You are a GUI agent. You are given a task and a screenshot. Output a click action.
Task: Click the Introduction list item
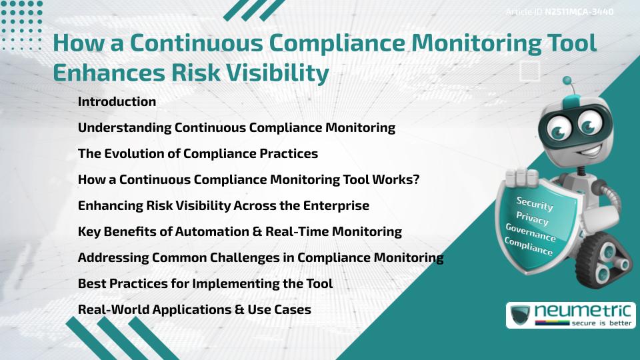tap(117, 102)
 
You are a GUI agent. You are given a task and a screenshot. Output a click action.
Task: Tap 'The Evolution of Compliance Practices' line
tap(197, 153)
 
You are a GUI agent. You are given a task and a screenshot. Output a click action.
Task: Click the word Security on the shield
tap(535, 203)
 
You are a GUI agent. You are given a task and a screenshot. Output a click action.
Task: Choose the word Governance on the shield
tap(530, 233)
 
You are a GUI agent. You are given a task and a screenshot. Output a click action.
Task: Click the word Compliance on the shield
tap(528, 247)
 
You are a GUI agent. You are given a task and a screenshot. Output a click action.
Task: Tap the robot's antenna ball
tap(568, 81)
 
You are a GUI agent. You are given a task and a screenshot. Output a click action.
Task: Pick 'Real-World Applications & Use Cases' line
tap(194, 309)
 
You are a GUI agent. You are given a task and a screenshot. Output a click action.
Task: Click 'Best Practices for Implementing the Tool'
tap(205, 283)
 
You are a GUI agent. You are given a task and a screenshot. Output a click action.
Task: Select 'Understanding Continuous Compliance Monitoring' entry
tap(236, 127)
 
